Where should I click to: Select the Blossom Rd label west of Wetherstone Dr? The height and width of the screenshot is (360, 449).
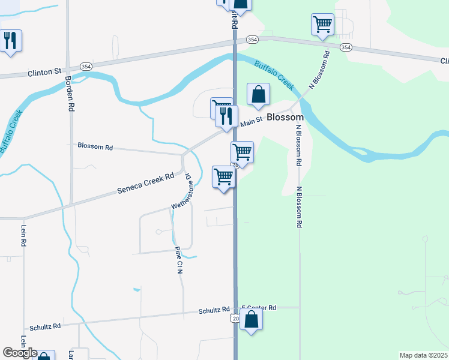(x=95, y=146)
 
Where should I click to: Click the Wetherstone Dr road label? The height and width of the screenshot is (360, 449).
(x=181, y=191)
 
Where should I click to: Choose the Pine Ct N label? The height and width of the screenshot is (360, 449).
(x=178, y=260)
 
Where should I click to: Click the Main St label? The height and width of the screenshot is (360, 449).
(x=252, y=122)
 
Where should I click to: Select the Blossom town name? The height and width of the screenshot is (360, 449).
(x=285, y=118)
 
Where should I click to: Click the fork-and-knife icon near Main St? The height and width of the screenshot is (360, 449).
(x=226, y=115)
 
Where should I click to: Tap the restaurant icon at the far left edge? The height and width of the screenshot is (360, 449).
(x=10, y=41)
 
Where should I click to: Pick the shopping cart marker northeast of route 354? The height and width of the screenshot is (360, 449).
(x=322, y=25)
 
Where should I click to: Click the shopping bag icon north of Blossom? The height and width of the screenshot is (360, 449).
(x=258, y=94)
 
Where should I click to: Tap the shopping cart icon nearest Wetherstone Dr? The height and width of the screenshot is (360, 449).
(x=223, y=177)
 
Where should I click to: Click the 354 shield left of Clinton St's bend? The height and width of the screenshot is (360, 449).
(x=85, y=67)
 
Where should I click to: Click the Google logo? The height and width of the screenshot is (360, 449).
(x=20, y=353)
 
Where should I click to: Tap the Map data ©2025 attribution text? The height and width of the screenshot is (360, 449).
(x=423, y=355)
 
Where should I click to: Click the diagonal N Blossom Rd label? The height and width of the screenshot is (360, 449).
(x=320, y=70)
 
